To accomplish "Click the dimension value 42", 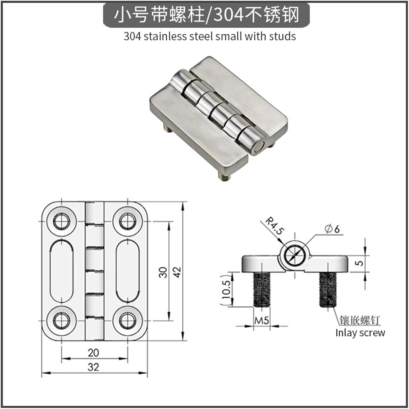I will tap(177, 272).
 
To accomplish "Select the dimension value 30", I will tap(163, 272).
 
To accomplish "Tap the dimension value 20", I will tap(94, 353).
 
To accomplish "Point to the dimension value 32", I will tap(94, 367).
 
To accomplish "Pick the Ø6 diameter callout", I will tap(333, 229).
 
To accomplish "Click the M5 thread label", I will tap(261, 321).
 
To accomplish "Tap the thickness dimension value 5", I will tap(360, 263).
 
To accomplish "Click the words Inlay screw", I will tap(360, 333).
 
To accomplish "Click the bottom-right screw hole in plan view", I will tap(127, 321).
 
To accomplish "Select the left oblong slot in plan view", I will tap(62, 271).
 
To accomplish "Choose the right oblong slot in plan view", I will tap(127, 271).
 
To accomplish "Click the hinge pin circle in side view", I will tap(295, 255).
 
